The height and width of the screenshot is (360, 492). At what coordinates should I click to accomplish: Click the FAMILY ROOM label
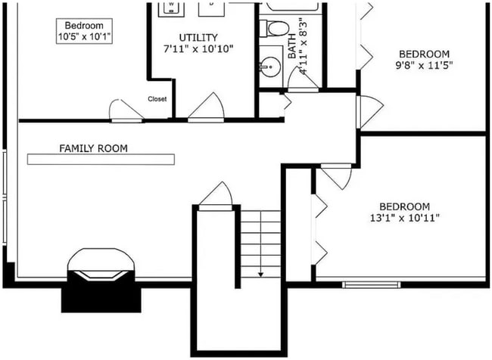(93, 148)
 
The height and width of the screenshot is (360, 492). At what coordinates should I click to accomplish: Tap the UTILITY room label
(198, 37)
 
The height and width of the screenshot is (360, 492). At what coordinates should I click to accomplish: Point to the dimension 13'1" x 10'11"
(404, 218)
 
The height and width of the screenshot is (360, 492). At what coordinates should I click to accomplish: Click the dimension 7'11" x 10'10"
(198, 48)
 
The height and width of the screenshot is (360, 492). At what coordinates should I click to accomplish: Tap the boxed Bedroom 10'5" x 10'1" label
(84, 30)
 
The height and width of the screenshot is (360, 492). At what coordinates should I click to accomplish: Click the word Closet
(157, 98)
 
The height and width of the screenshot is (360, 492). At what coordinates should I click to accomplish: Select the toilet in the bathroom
(274, 29)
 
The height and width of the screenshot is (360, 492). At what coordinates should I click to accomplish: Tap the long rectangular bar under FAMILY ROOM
(101, 159)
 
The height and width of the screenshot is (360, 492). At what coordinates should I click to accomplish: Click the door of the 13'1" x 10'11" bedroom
(337, 176)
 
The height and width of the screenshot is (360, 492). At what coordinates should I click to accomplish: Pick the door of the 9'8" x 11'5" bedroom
(369, 111)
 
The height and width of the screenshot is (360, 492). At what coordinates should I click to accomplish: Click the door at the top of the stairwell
(216, 194)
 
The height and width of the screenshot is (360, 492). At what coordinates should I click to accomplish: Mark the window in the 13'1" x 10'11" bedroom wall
(371, 284)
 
